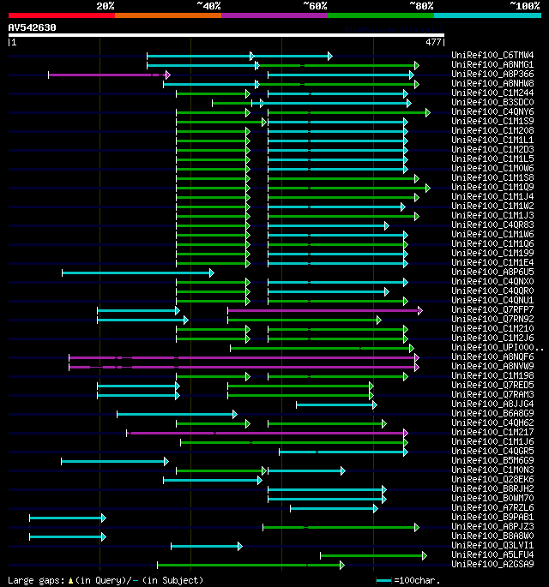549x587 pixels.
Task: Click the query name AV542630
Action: pos(33,27)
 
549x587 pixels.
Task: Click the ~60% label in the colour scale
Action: pos(315,6)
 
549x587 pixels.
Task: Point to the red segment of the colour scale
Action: pos(61,15)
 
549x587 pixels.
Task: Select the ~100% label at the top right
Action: pos(523,6)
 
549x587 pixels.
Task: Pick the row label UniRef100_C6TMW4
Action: pos(492,56)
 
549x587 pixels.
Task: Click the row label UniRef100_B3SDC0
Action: pos(492,103)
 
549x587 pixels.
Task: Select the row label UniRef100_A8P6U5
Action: pos(492,273)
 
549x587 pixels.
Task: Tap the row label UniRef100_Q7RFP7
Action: pos(492,310)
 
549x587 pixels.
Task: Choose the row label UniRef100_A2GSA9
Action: pos(492,565)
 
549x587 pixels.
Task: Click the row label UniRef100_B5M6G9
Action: pos(492,461)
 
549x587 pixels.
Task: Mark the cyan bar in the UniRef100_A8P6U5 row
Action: pos(137,273)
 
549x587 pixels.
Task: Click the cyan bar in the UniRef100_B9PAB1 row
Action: pos(67,518)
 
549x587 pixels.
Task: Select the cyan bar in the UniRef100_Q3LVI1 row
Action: pos(206,546)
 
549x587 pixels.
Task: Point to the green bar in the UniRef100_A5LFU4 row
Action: pos(372,555)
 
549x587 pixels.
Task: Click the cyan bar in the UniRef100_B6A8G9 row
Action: pos(176,414)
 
